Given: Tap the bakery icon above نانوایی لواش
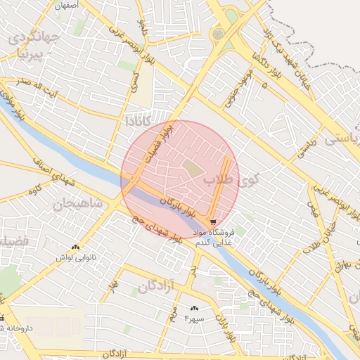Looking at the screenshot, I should [x=75, y=247].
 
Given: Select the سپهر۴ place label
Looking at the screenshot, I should [x=193, y=319].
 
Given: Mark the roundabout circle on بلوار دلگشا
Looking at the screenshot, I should [x=219, y=34].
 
